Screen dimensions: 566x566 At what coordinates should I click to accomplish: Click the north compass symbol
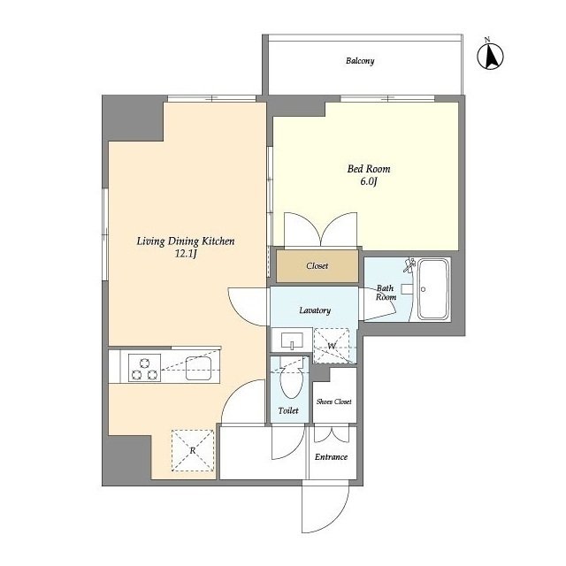coord(490,55)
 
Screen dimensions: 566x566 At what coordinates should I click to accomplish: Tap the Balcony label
coord(360,61)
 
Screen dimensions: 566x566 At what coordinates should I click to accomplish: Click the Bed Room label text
coord(369,169)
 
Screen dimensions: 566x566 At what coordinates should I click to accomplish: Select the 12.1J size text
coord(186,254)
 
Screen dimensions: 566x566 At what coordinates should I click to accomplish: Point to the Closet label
coord(317,266)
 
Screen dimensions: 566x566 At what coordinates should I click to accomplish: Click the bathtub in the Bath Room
coord(433,289)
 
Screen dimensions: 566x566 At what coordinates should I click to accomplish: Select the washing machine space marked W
coord(332,346)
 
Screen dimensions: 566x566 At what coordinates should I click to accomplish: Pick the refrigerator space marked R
coord(193,450)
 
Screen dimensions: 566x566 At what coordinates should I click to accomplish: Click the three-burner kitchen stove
coord(145,368)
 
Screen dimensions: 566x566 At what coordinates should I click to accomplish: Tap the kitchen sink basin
coord(199,368)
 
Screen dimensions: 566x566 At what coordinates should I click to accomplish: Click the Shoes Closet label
coord(334,402)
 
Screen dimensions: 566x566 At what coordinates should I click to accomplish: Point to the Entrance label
coord(331,457)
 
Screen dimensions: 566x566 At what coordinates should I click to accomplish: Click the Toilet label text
coord(288,410)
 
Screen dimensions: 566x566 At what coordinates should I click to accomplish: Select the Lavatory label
coord(315,310)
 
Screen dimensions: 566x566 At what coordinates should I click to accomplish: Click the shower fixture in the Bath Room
coord(409,265)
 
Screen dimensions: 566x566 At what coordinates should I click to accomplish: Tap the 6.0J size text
coord(369,181)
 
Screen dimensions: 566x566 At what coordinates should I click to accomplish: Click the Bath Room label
coord(386,293)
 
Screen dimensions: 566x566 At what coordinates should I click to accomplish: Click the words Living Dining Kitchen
coord(186,241)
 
